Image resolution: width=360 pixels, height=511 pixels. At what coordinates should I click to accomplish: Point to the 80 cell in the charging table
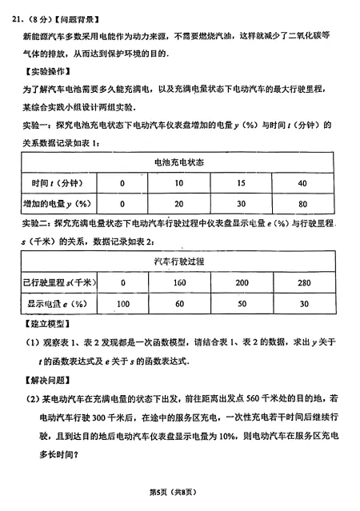[x=303, y=204]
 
